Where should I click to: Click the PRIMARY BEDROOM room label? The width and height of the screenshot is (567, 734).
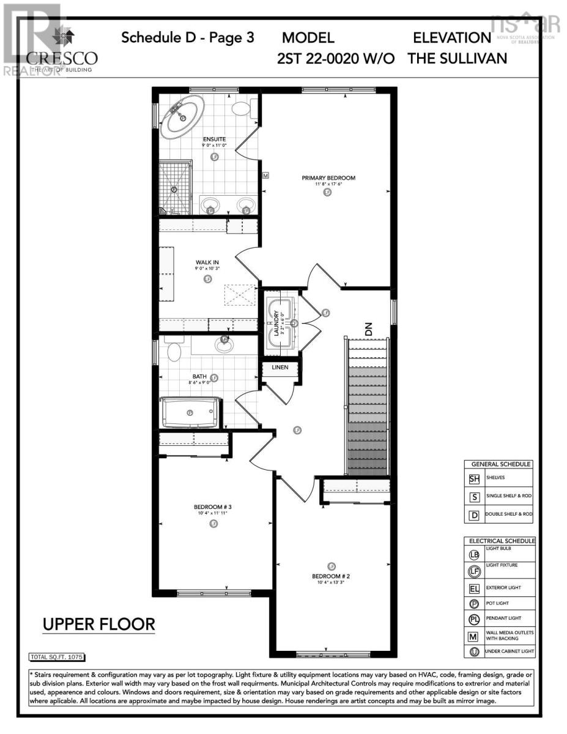[328, 178]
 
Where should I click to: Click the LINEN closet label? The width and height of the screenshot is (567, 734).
[280, 368]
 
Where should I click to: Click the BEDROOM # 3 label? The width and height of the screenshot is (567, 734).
[213, 506]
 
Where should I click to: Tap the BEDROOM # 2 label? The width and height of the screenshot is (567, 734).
[331, 576]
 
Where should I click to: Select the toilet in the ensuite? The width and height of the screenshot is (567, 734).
[242, 109]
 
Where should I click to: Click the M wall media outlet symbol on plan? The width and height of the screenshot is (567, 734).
[265, 176]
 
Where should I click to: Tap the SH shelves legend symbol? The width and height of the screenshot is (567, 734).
[474, 479]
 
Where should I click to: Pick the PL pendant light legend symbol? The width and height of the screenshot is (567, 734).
[474, 619]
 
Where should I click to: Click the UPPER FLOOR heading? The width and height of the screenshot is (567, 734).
[98, 625]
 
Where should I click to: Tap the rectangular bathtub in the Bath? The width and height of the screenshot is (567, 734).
[190, 413]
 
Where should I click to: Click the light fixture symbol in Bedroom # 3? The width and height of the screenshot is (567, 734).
[213, 524]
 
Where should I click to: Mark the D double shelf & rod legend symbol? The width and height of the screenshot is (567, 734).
[474, 514]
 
